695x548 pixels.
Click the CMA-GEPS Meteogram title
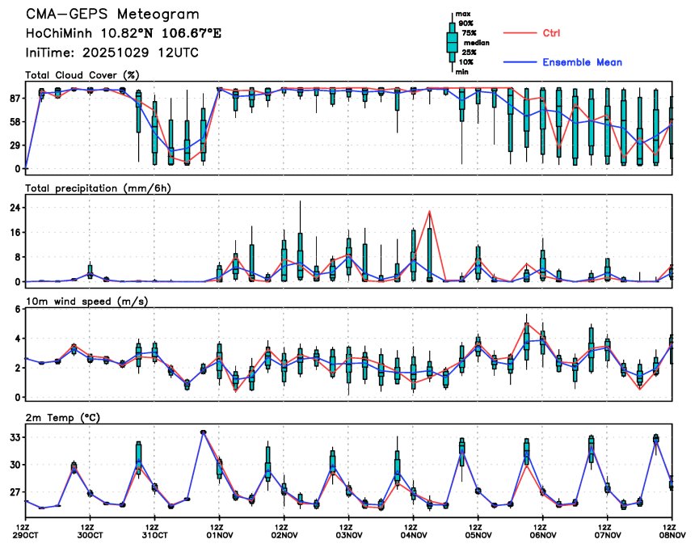click(x=112, y=15)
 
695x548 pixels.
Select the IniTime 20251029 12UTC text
click(x=112, y=52)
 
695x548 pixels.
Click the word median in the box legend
click(x=476, y=43)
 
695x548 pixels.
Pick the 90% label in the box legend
click(x=466, y=23)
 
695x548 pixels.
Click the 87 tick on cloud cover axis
click(x=14, y=98)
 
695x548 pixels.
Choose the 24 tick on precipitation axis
click(x=14, y=208)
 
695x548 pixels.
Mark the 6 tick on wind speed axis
click(x=16, y=310)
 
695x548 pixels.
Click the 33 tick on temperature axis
click(x=14, y=437)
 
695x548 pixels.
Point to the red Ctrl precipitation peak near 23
click(x=430, y=211)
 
